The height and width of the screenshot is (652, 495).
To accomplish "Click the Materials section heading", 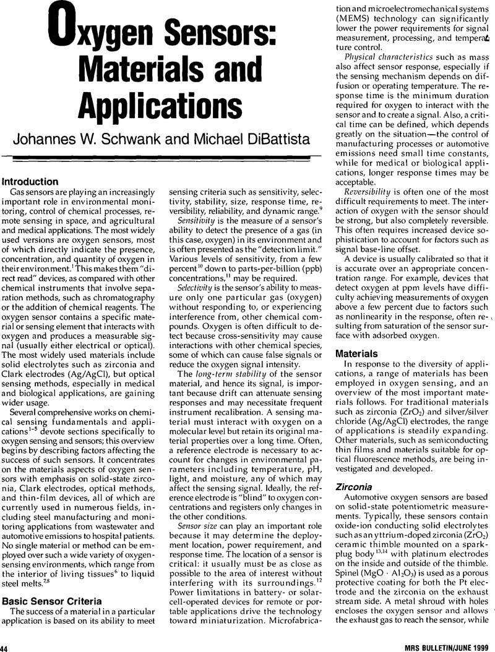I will pyautogui.click(x=356, y=354).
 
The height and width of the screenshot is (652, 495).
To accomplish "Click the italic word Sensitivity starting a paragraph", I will pyautogui.click(x=195, y=220).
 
